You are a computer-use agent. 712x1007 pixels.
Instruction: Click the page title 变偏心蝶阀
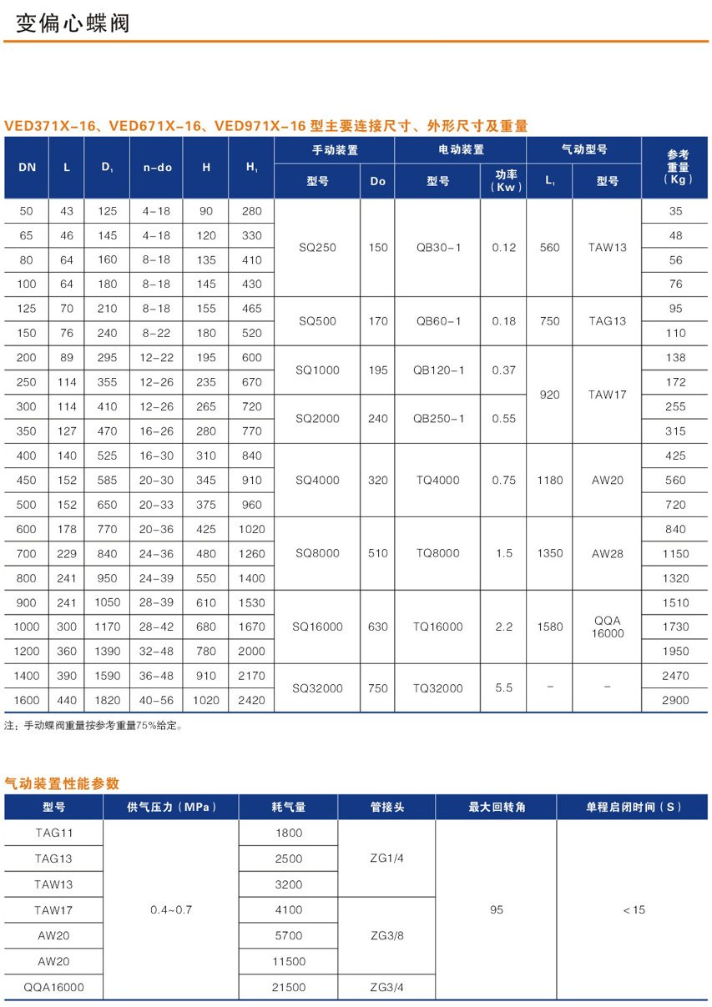73,23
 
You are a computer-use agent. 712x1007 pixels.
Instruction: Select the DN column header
27,167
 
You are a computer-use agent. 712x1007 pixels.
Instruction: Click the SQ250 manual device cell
316,248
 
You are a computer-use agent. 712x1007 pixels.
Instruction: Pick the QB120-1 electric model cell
437,370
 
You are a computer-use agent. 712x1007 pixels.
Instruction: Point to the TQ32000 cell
437,688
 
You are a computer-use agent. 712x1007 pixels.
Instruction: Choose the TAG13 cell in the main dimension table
607,321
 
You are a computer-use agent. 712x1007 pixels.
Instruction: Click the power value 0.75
503,480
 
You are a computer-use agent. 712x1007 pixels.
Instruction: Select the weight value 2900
675,701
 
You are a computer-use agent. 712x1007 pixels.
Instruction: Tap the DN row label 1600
27,701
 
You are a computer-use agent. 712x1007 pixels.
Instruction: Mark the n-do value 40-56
157,701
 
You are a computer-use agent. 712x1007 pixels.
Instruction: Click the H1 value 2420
251,701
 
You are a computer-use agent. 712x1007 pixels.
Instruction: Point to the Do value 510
377,553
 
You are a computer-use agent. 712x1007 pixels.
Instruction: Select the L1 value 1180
549,480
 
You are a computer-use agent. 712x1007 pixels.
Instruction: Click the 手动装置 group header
335,150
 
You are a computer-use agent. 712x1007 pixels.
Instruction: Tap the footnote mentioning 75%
93,726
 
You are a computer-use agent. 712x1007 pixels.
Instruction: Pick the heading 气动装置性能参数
62,783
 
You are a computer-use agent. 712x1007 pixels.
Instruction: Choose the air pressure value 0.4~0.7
171,909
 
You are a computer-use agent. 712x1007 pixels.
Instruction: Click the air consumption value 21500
289,987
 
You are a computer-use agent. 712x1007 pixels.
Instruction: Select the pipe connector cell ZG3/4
386,987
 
